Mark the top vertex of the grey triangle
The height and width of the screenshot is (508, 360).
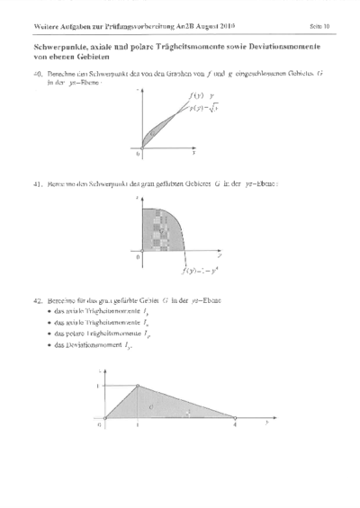coord(137,386)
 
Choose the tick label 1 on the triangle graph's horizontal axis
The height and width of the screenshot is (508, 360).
coord(137,423)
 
